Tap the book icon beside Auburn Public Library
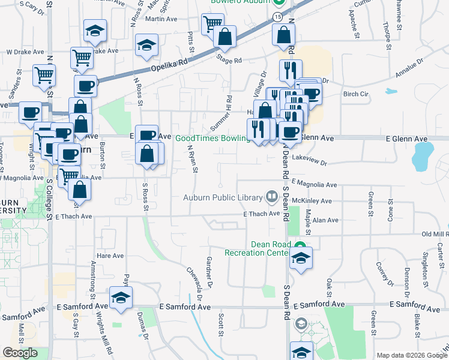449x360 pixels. click(271, 197)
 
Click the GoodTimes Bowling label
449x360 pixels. click(212, 138)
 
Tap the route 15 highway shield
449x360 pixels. click(277, 17)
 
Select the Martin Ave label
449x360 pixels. click(162, 19)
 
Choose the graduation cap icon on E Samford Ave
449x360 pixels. click(121, 298)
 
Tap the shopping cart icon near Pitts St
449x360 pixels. click(212, 24)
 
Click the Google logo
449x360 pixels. click(20, 353)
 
